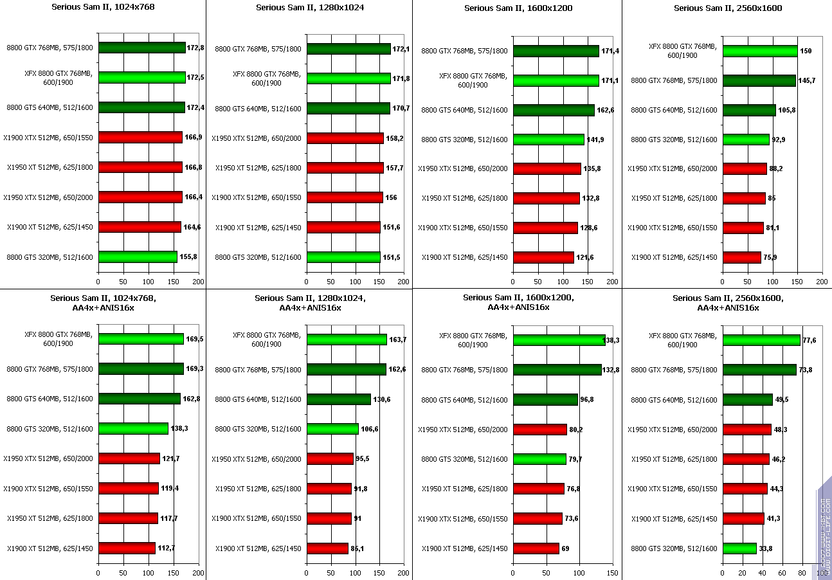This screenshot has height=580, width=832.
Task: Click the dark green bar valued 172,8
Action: tap(141, 48)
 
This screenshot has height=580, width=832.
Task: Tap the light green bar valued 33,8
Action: tap(739, 548)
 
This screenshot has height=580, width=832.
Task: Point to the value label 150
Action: tap(806, 51)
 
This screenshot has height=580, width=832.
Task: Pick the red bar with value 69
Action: tap(536, 548)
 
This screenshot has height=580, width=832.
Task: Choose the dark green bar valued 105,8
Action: tap(749, 110)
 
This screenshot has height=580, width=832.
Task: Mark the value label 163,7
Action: tap(398, 340)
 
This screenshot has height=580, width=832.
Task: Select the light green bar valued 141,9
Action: tap(548, 140)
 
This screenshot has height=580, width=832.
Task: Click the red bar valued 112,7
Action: tap(127, 548)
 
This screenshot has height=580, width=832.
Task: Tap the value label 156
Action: tap(391, 197)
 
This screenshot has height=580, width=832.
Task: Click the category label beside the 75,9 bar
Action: tap(674, 257)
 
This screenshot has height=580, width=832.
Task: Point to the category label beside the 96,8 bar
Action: tap(464, 400)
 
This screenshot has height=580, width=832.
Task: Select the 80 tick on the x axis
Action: tap(802, 572)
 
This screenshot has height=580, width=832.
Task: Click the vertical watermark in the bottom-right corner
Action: tap(824, 527)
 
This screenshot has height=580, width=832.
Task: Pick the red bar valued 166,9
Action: tap(140, 137)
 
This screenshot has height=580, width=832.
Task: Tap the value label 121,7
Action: tap(171, 458)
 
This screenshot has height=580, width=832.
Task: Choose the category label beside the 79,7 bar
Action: tap(464, 459)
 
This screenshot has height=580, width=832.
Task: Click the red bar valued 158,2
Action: tap(345, 138)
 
